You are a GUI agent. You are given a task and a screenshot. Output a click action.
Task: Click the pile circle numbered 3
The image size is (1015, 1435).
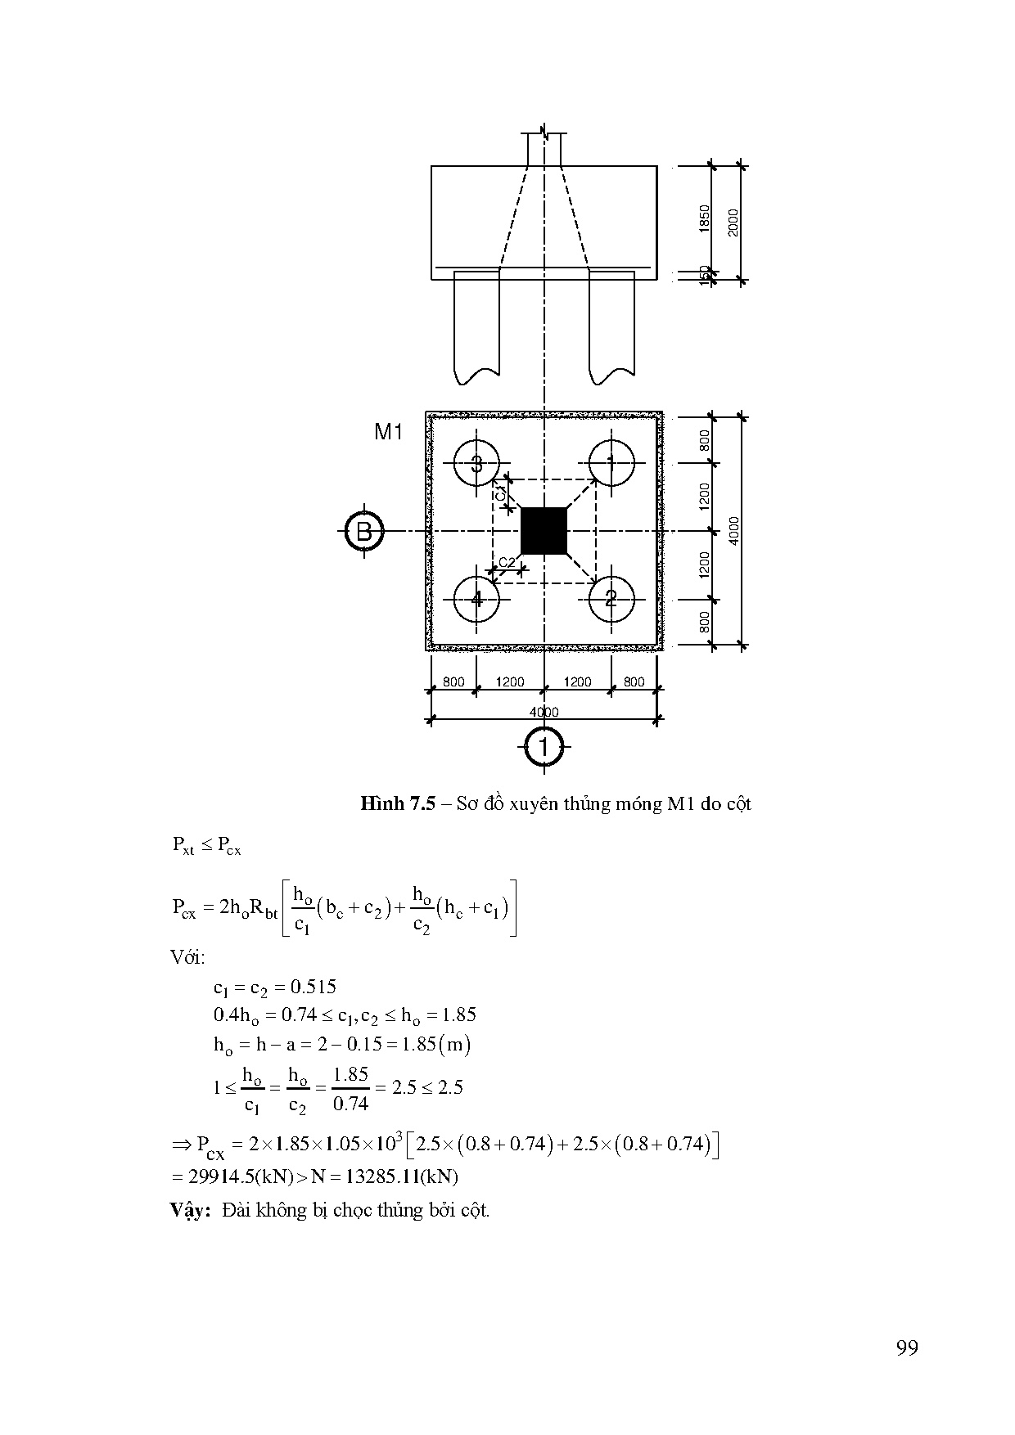pyautogui.click(x=476, y=464)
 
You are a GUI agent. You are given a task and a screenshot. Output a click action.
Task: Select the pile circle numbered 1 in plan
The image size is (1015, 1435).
pyautogui.click(x=611, y=464)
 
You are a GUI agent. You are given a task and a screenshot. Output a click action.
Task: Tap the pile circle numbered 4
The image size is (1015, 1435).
pyautogui.click(x=476, y=599)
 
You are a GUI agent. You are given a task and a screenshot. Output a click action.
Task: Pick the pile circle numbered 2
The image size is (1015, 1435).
pyautogui.click(x=611, y=599)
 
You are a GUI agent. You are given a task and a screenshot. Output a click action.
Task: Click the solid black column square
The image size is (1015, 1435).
pyautogui.click(x=544, y=531)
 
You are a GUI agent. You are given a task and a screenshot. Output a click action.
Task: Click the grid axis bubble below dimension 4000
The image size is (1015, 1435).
pyautogui.click(x=544, y=746)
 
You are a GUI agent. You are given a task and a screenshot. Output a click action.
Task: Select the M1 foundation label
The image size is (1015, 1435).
pyautogui.click(x=389, y=432)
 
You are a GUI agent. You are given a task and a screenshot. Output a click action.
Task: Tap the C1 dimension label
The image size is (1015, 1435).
pyautogui.click(x=500, y=493)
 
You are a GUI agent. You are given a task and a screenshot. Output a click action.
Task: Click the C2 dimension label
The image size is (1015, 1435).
pyautogui.click(x=508, y=562)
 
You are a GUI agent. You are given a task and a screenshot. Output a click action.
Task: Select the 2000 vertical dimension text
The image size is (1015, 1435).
pyautogui.click(x=733, y=223)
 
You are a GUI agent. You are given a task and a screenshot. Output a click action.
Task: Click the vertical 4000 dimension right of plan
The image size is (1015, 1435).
pyautogui.click(x=734, y=530)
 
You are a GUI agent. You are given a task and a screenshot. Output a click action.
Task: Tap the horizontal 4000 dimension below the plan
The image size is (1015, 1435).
pyautogui.click(x=544, y=712)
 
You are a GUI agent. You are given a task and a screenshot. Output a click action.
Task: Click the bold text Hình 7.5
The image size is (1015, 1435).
pyautogui.click(x=396, y=803)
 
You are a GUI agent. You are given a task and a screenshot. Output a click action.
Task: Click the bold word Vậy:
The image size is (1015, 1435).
pyautogui.click(x=191, y=1210)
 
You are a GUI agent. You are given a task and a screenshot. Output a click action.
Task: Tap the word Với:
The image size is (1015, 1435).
pyautogui.click(x=187, y=957)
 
